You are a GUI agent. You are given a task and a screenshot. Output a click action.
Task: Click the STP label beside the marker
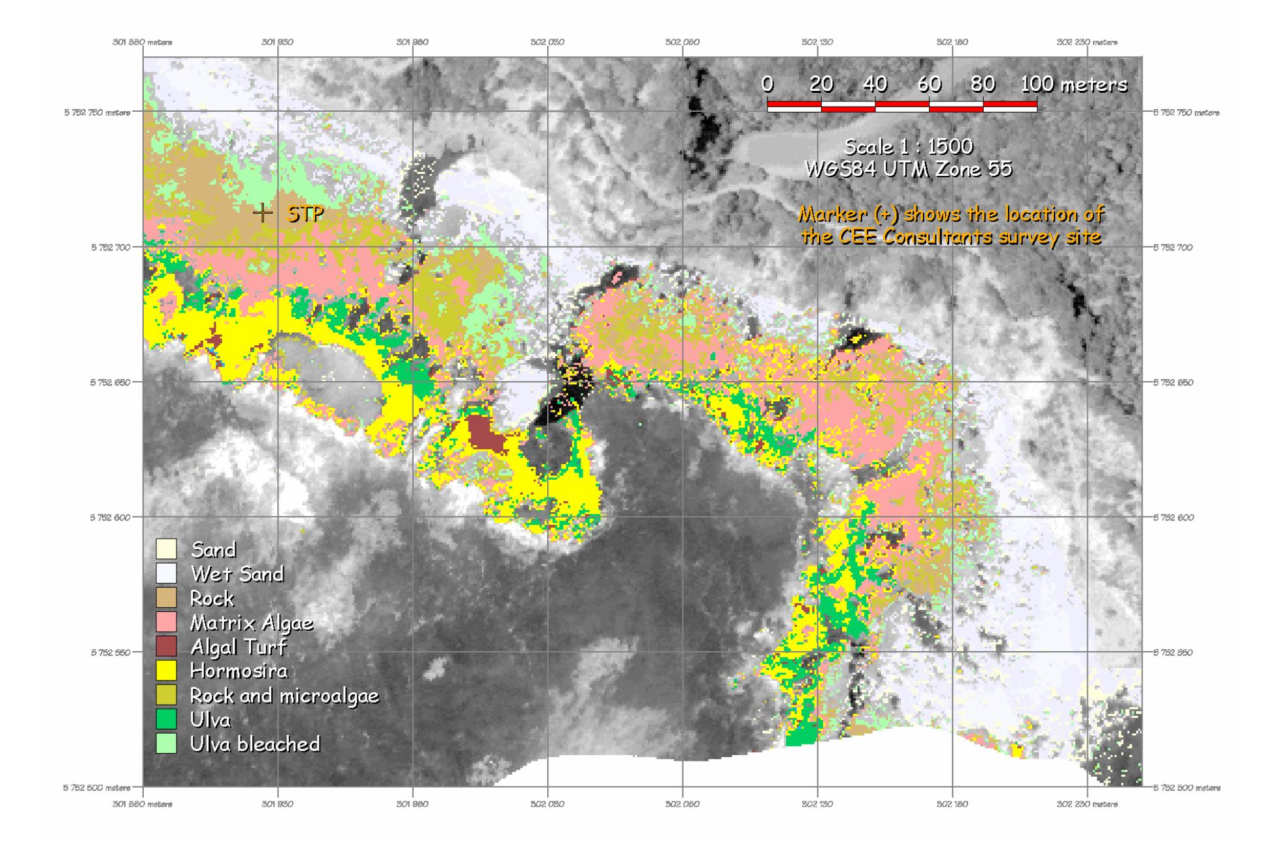pos(305,214)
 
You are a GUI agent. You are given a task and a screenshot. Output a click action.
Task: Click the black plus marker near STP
pos(263,213)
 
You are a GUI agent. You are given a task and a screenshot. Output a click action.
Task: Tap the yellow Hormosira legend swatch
pos(166,671)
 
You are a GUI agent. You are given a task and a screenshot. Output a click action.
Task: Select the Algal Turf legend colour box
pos(166,647)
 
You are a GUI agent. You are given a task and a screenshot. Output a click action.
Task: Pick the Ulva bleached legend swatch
pos(166,744)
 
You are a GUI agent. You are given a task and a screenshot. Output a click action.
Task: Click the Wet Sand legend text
pos(237,574)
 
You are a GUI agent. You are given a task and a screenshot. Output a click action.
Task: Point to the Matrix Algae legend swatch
pos(166,622)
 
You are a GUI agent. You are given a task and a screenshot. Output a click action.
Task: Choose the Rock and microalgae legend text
pos(284,695)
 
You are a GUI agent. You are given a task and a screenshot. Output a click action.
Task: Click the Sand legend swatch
pos(166,549)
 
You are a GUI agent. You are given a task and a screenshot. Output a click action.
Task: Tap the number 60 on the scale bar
pos(929,84)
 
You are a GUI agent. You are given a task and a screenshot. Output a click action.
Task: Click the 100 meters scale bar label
pos(1074,84)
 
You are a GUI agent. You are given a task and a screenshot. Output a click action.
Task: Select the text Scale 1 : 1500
pos(908,146)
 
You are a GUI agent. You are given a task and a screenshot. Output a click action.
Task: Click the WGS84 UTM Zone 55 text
pos(908,169)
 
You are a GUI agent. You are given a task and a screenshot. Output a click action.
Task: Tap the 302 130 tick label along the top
pos(817,42)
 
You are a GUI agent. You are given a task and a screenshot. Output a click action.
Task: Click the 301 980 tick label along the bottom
pos(412,804)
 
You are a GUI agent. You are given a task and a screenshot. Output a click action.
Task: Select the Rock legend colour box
pos(166,598)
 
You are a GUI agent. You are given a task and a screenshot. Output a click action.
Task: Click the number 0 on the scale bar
pos(767,84)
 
